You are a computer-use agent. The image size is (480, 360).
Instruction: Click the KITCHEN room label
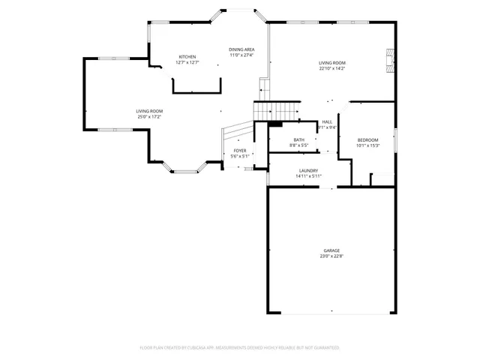pyautogui.click(x=187, y=57)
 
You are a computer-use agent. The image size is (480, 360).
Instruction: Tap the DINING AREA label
pyautogui.click(x=241, y=49)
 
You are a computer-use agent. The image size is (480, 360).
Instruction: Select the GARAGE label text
pyautogui.click(x=331, y=250)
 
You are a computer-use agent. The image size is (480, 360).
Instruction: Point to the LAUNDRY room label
pyautogui.click(x=309, y=171)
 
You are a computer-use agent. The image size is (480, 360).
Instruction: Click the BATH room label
pyautogui.click(x=299, y=140)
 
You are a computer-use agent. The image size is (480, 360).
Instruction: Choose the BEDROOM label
pyautogui.click(x=367, y=140)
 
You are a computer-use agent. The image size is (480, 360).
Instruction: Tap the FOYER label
pyautogui.click(x=240, y=151)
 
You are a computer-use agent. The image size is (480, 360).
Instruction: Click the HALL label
pyautogui.click(x=327, y=122)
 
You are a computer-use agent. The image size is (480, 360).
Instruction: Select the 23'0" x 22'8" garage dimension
pyautogui.click(x=331, y=256)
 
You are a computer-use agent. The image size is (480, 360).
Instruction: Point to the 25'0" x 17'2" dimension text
pyautogui.click(x=149, y=117)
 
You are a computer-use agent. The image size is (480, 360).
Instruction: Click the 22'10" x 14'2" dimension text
pyautogui.click(x=331, y=69)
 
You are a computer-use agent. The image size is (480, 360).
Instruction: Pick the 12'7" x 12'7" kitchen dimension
pyautogui.click(x=187, y=63)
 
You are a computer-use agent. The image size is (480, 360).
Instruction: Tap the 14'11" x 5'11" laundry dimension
pyautogui.click(x=309, y=177)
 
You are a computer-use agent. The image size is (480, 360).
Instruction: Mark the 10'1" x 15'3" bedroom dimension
pyautogui.click(x=367, y=145)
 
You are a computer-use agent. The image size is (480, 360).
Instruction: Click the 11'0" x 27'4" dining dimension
pyautogui.click(x=241, y=55)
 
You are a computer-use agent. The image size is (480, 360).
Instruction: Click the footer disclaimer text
pyautogui.click(x=240, y=348)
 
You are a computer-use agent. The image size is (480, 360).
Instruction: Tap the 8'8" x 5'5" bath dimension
pyautogui.click(x=299, y=145)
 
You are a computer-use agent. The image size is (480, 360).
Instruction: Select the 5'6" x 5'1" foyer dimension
pyautogui.click(x=240, y=157)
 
